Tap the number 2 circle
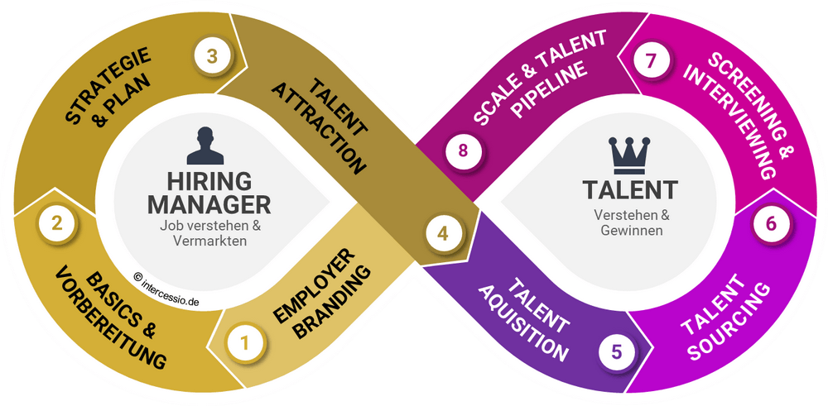pyautogui.click(x=57, y=223)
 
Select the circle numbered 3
pyautogui.click(x=212, y=56)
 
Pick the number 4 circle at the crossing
pyautogui.click(x=443, y=233)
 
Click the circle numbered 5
pyautogui.click(x=618, y=351)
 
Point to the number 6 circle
pyautogui.click(x=772, y=223)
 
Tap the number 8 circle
pyautogui.click(x=463, y=150)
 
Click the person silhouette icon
pyautogui.click(x=205, y=146)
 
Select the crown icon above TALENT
pyautogui.click(x=629, y=155)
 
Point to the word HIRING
pyautogui.click(x=209, y=181)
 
